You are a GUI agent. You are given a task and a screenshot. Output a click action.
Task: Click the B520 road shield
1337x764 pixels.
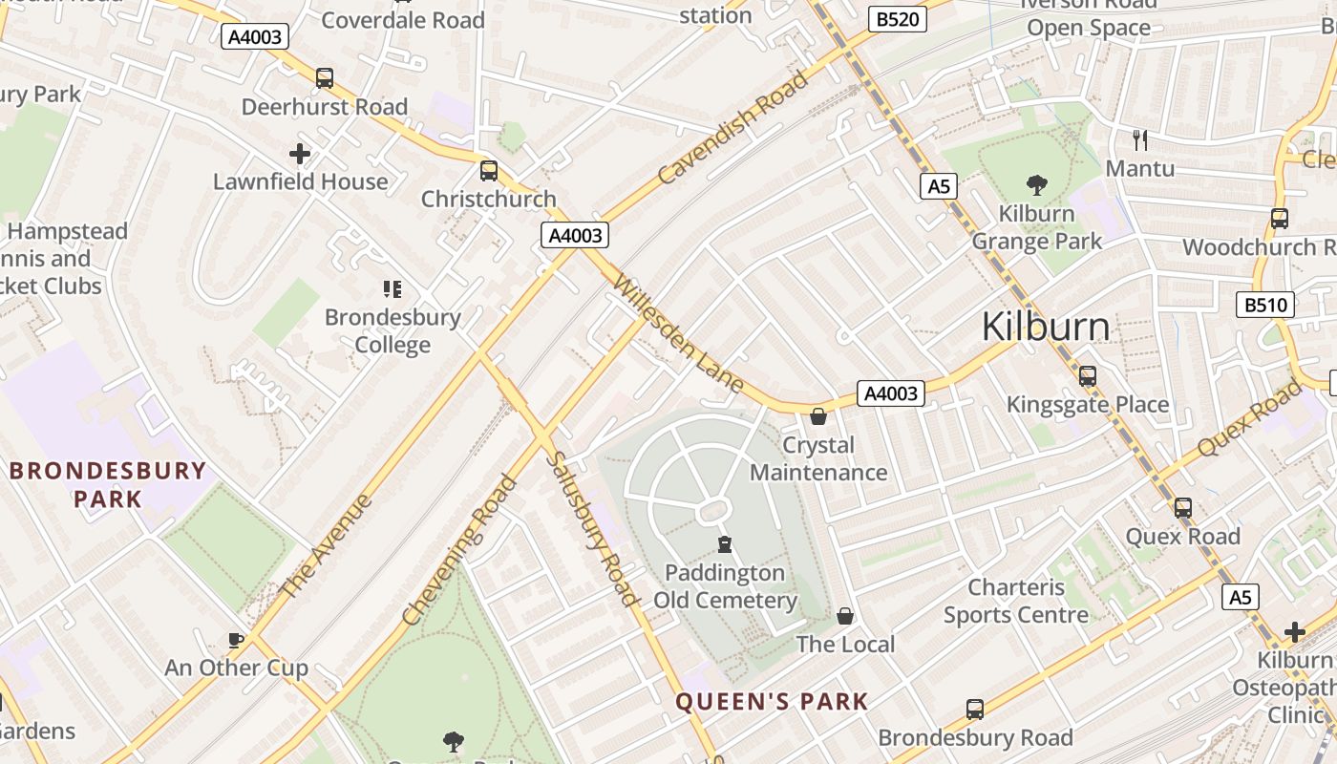897,18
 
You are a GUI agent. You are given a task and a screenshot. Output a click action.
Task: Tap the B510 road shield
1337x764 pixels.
1265,305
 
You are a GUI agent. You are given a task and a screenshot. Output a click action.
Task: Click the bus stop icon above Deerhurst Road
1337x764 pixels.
325,78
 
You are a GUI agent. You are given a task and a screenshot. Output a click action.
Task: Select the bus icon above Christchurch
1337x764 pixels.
489,171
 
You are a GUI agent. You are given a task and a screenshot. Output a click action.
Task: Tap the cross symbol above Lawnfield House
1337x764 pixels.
300,153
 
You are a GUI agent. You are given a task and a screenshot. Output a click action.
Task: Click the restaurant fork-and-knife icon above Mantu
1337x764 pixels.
1139,140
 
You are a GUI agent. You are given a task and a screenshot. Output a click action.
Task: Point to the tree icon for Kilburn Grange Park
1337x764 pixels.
1036,185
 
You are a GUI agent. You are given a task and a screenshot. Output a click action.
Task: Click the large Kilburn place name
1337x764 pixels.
1046,327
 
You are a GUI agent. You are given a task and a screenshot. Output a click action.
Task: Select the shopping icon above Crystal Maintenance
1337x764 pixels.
818,416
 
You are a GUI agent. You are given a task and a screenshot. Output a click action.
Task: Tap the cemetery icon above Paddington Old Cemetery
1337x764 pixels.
725,544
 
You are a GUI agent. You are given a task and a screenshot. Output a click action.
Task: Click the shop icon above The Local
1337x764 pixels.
845,616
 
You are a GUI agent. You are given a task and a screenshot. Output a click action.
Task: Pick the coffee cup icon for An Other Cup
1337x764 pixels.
236,640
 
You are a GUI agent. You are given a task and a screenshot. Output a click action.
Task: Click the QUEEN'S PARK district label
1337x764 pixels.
772,702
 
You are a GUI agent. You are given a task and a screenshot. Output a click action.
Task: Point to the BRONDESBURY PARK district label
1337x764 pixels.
108,484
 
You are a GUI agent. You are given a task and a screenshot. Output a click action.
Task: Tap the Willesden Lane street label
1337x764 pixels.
678,333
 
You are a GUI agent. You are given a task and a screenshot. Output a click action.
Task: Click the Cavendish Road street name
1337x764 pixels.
733,127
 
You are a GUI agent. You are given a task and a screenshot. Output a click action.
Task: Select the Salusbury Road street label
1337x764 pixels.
590,528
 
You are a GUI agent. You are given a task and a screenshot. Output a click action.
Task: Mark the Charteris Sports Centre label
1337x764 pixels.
1016,602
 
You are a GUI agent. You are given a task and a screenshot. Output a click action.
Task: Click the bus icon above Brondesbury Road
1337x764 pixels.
975,710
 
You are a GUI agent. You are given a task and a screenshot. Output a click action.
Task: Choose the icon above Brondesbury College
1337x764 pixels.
392,288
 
